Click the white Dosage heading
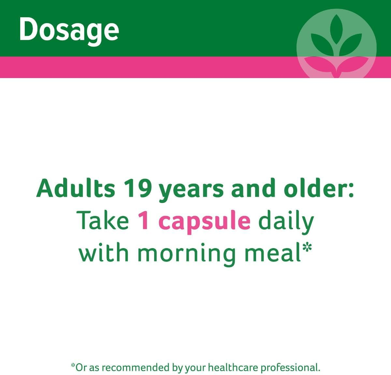69,31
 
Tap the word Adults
76,188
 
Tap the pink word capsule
205,222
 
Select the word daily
286,222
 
